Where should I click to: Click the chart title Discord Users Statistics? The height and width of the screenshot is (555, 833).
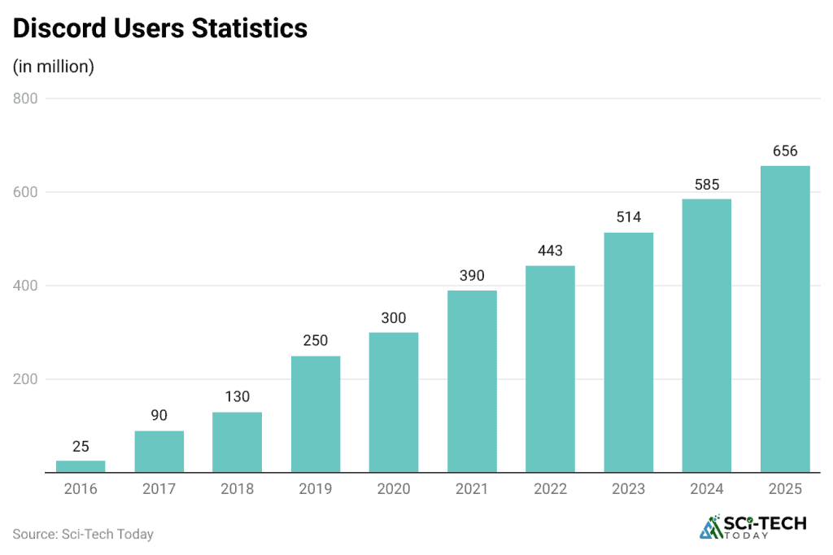click(160, 28)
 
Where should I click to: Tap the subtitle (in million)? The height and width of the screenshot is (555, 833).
click(54, 67)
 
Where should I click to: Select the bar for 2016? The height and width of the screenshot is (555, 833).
click(81, 466)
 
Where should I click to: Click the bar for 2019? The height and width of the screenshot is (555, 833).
click(316, 414)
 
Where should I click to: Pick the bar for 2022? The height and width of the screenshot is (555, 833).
click(550, 369)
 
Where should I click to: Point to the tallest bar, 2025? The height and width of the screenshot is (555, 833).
click(785, 319)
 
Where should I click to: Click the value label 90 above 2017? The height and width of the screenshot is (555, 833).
click(159, 416)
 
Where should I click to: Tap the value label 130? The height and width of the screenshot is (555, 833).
click(238, 397)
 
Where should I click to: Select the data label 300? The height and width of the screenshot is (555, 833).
click(394, 317)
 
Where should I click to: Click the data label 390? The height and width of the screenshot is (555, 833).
click(472, 276)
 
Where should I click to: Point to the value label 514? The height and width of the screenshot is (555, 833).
click(628, 217)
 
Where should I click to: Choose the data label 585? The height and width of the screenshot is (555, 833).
click(707, 184)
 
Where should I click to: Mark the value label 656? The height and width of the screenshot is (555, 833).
click(785, 151)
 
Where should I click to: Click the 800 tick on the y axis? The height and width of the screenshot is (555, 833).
click(26, 99)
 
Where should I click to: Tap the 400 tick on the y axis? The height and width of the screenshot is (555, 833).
click(26, 286)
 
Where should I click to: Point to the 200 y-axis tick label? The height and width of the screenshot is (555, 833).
click(26, 379)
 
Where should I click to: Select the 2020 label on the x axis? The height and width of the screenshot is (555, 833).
click(394, 489)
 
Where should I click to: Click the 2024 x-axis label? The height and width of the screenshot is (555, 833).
click(707, 489)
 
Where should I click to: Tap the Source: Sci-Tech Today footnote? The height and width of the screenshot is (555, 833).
click(83, 534)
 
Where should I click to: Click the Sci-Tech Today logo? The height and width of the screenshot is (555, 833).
click(752, 527)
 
